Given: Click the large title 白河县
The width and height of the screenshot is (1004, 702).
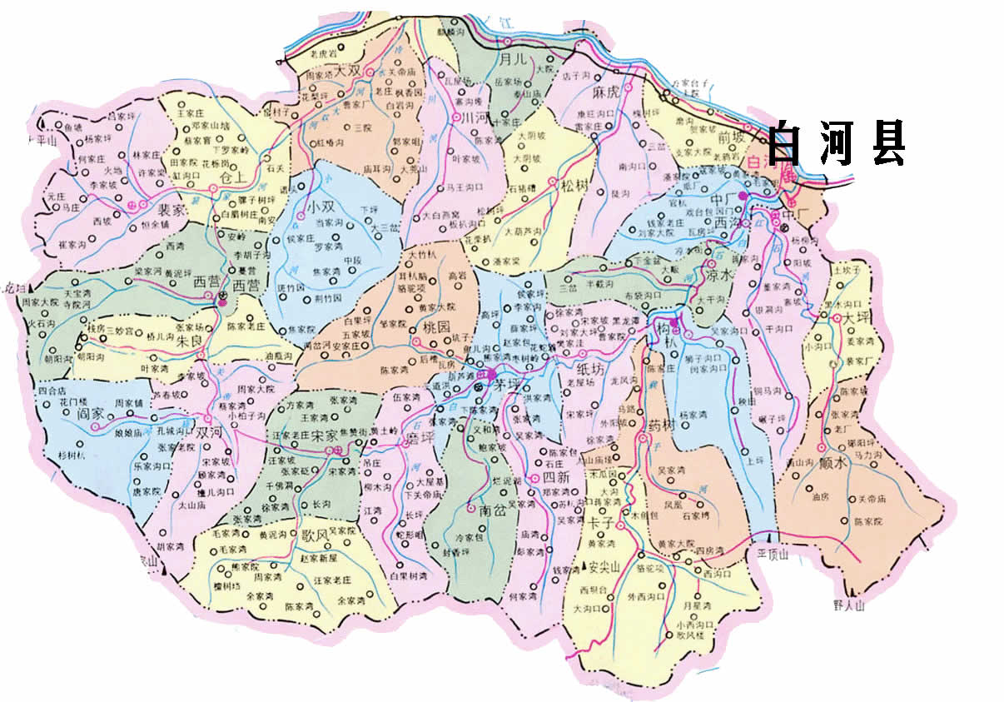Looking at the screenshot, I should tap(835, 144).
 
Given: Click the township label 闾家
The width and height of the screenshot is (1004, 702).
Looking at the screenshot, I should tap(92, 412).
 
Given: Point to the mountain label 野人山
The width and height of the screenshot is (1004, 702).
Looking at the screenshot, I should tap(848, 605).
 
